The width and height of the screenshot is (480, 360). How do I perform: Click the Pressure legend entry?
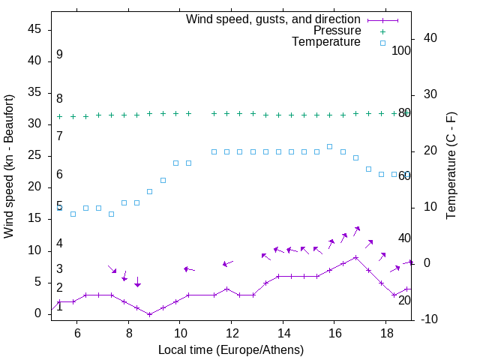click(337, 31)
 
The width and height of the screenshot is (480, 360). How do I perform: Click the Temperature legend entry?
click(326, 43)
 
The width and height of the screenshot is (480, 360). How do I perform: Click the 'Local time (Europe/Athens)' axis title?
click(231, 349)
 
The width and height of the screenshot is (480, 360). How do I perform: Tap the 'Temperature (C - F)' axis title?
click(451, 166)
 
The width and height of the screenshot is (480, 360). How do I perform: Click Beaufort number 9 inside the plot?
click(59, 55)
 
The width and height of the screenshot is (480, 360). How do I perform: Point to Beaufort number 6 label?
click(59, 175)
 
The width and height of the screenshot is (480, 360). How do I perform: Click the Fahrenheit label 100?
click(401, 50)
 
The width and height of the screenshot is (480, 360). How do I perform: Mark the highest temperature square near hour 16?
click(330, 146)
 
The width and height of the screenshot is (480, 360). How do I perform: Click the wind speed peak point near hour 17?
click(355, 257)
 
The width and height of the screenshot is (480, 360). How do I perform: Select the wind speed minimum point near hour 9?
click(150, 314)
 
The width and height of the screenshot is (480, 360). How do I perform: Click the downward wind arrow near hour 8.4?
click(137, 282)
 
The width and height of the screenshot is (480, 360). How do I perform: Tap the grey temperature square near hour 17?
click(355, 157)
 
